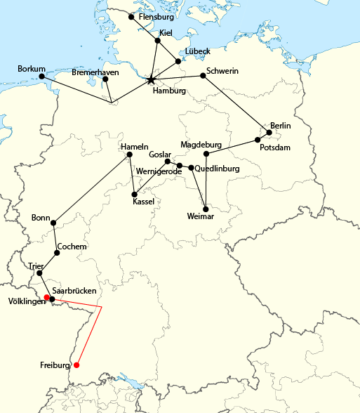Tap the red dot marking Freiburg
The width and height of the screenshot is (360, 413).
pyautogui.click(x=76, y=365)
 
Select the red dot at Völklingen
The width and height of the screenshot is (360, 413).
pyautogui.click(x=46, y=298)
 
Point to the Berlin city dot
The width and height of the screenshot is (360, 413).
pyautogui.click(x=269, y=132)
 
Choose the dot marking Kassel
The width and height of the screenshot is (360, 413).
pyautogui.click(x=134, y=194)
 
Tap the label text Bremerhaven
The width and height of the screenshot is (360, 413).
pyautogui.click(x=95, y=72)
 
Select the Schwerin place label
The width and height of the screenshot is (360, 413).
pyautogui.click(x=223, y=72)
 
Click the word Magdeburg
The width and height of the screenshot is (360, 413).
pyautogui.click(x=201, y=145)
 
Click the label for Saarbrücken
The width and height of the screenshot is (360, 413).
pyautogui.click(x=79, y=290)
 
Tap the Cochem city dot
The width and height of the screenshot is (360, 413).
pyautogui.click(x=56, y=254)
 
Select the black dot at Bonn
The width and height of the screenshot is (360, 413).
pyautogui.click(x=53, y=223)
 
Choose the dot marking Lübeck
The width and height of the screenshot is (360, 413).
pyautogui.click(x=178, y=61)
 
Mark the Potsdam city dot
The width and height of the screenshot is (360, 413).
pyautogui.click(x=258, y=140)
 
